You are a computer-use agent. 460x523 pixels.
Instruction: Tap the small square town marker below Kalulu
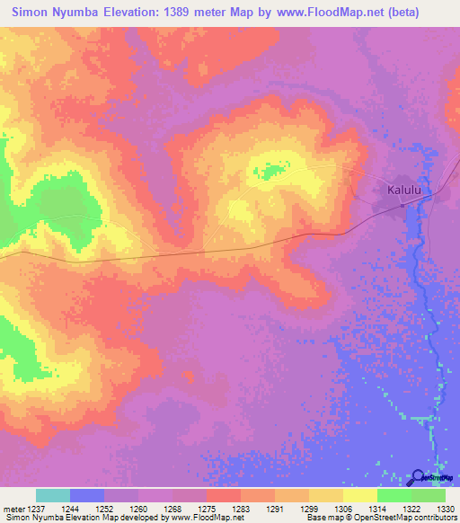click(402, 205)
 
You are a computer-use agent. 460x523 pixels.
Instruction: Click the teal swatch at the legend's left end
click(53, 495)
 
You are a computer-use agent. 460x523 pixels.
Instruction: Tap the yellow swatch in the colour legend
click(360, 495)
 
